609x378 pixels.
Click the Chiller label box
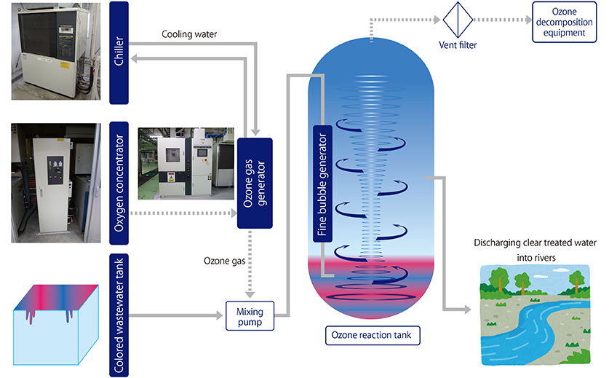(119, 50)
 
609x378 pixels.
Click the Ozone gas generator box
(255, 182)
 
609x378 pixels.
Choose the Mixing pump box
(248, 315)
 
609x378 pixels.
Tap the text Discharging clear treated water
(535, 243)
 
